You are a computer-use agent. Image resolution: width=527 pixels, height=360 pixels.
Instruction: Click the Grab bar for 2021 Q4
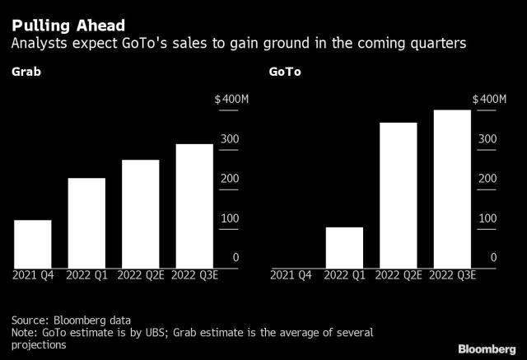pyautogui.click(x=33, y=244)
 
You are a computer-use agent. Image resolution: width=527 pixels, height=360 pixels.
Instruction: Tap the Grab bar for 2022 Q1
pyautogui.click(x=86, y=222)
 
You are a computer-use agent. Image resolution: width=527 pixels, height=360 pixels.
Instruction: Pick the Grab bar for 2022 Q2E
pyautogui.click(x=140, y=213)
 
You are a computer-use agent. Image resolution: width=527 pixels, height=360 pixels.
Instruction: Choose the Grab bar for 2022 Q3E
pyautogui.click(x=194, y=206)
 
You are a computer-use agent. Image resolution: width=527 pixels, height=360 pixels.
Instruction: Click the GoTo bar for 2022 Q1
pyautogui.click(x=344, y=247)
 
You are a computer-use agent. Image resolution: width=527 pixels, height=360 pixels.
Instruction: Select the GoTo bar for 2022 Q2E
pyautogui.click(x=398, y=195)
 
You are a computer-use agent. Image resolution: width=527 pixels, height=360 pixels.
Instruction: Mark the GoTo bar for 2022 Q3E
pyautogui.click(x=452, y=189)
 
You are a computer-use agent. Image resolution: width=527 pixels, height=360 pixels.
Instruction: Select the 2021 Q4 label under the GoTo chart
pyautogui.click(x=291, y=274)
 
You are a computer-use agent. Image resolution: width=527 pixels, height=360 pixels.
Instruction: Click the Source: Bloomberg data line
pyautogui.click(x=71, y=320)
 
